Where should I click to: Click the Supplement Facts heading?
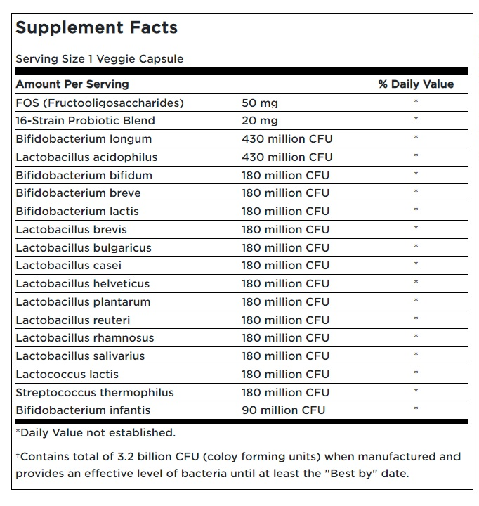[96, 28]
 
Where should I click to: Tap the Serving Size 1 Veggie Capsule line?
[99, 59]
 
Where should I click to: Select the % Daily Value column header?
[416, 84]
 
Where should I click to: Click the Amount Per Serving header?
[72, 84]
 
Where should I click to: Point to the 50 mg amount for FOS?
[260, 103]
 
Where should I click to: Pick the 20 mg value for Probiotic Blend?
[260, 121]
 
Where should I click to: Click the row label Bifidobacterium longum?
[84, 139]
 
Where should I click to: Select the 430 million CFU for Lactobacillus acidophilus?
[287, 157]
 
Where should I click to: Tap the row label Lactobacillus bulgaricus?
[84, 248]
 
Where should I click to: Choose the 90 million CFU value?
[283, 410]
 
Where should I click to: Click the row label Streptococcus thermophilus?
[95, 393]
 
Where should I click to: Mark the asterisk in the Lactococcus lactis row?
[416, 373]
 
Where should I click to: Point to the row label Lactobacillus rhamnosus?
[85, 338]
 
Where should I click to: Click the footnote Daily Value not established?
[96, 433]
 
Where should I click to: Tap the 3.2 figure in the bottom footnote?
[126, 457]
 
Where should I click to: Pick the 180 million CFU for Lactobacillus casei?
[285, 265]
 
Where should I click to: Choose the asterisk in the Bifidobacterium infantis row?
[416, 408]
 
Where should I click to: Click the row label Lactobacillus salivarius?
[80, 356]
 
